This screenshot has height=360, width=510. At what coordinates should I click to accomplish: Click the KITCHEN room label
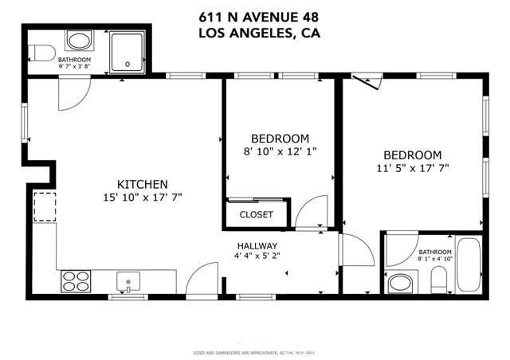point(142,182)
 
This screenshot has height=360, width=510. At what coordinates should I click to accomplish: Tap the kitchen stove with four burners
point(76,280)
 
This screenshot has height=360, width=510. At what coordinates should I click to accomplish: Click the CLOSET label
point(257,215)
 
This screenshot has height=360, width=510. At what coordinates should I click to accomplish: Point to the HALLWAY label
point(257,246)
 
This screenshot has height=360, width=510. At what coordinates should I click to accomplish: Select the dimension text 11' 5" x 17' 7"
point(412,169)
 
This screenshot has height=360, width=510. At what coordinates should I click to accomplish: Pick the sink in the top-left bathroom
point(78,41)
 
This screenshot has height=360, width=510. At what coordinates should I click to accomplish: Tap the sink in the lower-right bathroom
point(398,283)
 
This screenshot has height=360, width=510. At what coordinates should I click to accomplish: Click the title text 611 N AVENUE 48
point(254,16)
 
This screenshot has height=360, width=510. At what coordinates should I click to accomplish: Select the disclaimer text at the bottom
point(254,352)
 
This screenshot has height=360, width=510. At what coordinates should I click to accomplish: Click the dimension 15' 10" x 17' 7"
point(142,197)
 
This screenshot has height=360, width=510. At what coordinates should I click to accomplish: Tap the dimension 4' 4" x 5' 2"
point(257,256)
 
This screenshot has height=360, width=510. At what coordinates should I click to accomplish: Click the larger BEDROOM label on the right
point(412,155)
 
